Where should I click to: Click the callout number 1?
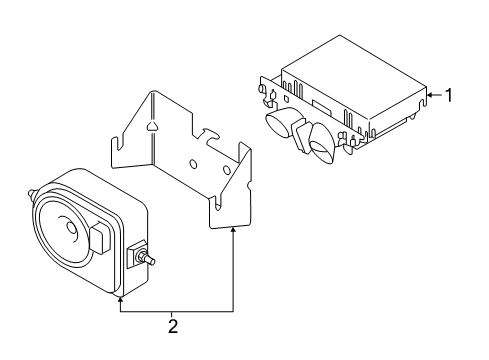[450, 96]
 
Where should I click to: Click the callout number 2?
[174, 325]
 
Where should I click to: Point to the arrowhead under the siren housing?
[120, 296]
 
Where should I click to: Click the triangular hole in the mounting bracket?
[151, 126]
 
